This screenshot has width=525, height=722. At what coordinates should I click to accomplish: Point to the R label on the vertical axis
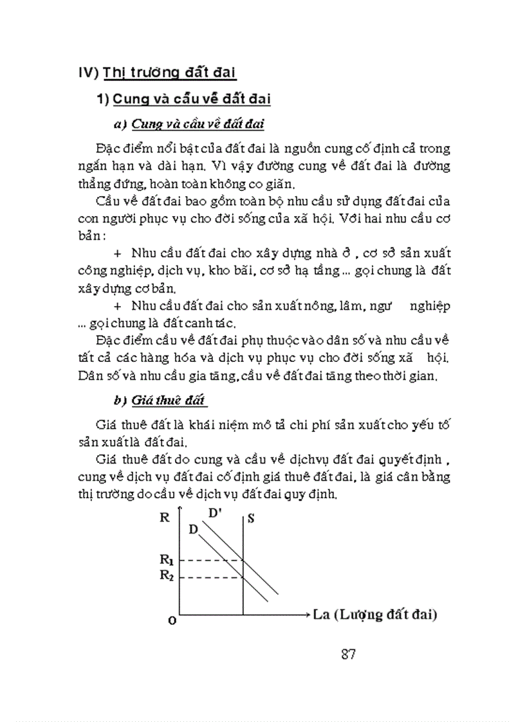tap(163, 516)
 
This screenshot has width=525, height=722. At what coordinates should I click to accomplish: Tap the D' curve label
tap(216, 512)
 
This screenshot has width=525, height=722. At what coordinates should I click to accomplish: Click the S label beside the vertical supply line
tap(250, 518)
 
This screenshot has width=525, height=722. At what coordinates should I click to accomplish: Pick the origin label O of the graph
tap(171, 620)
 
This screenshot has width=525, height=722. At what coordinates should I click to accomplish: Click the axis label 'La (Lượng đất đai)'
tap(375, 615)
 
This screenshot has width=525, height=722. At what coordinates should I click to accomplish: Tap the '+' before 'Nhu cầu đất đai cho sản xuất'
tap(117, 305)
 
